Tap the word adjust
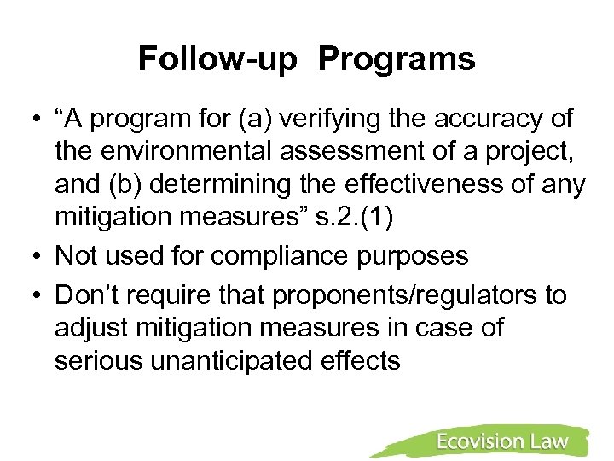click(90, 328)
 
